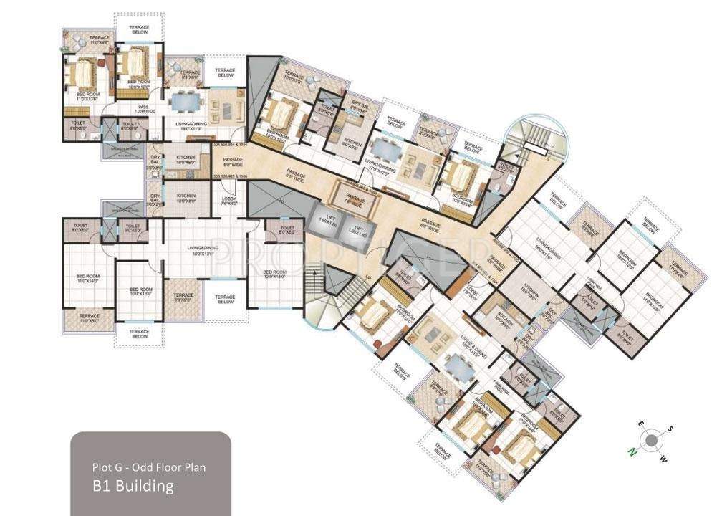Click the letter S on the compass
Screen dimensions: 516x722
[x=670, y=429]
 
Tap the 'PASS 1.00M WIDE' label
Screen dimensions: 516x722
[x=142, y=110]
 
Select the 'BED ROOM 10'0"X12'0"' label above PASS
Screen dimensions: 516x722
[x=138, y=84]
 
